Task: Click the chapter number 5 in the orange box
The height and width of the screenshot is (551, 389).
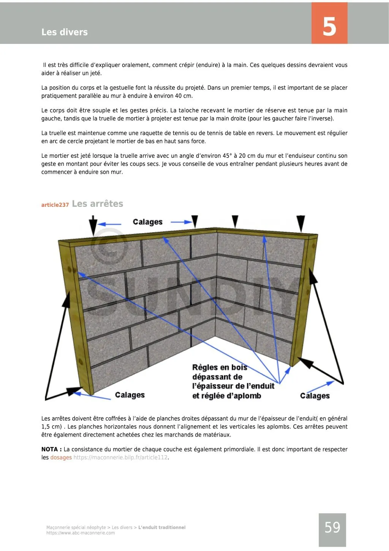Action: tap(329, 27)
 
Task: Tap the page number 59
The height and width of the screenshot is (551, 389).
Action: tap(332, 528)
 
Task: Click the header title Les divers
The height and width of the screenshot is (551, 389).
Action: tap(65, 32)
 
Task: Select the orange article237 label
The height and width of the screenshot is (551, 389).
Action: tap(55, 205)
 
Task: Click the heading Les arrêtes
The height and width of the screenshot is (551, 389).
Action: tap(98, 204)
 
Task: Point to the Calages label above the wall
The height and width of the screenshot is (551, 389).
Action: tap(147, 222)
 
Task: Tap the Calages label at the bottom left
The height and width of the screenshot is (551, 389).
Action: tap(130, 395)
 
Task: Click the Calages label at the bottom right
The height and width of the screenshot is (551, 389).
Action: tap(315, 396)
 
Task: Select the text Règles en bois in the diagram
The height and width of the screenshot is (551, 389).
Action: tap(220, 367)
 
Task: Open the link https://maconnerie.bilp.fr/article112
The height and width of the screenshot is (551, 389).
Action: tap(120, 457)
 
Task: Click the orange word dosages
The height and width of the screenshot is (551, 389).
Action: tap(61, 457)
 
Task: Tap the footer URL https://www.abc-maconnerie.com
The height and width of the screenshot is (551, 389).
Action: tap(81, 533)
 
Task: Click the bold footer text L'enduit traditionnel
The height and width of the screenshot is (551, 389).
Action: tap(162, 527)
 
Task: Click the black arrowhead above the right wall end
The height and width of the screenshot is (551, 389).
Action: tap(300, 223)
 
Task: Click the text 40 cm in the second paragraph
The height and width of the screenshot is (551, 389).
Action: tap(184, 96)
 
